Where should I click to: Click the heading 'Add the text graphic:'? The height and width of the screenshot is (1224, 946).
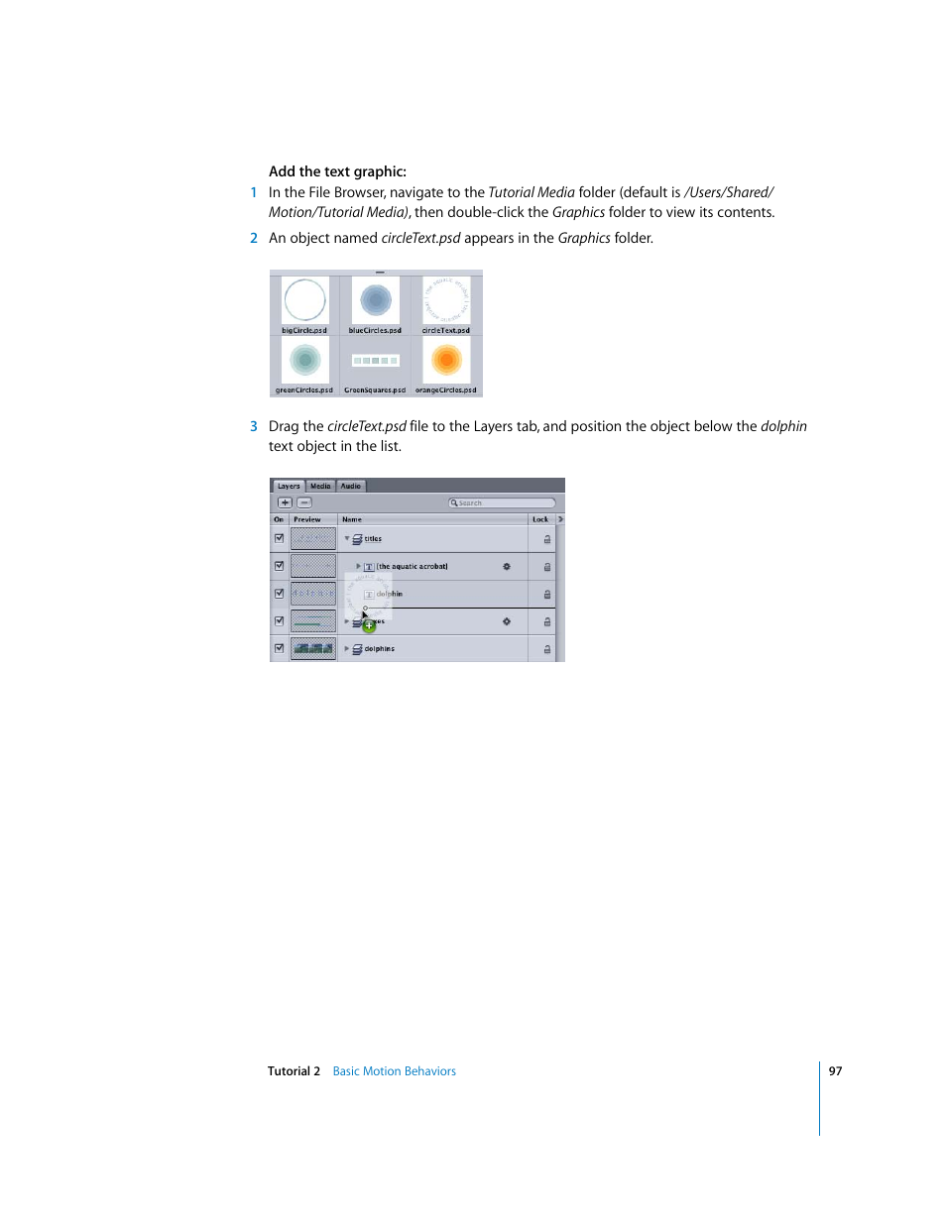(337, 171)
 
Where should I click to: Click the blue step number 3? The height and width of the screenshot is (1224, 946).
(254, 426)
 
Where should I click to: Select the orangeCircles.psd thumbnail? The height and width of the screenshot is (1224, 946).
(446, 360)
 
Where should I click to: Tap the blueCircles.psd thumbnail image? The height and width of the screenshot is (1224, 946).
(375, 300)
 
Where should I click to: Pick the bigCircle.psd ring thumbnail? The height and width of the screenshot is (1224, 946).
(304, 300)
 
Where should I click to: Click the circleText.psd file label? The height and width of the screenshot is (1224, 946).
(446, 331)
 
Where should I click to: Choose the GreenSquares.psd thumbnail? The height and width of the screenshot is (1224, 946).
(375, 361)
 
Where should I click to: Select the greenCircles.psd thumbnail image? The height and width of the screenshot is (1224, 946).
(304, 360)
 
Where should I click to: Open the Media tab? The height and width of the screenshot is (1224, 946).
(320, 487)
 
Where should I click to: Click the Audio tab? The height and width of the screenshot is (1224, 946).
(351, 487)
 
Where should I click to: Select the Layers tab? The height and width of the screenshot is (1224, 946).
(289, 487)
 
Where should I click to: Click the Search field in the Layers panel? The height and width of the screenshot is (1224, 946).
(502, 502)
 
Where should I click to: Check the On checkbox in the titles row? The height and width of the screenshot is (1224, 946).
(280, 539)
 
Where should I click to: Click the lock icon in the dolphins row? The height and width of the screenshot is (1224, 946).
(546, 649)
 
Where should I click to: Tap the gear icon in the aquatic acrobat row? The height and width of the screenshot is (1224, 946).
(506, 567)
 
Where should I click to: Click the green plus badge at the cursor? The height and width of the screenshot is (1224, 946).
(369, 625)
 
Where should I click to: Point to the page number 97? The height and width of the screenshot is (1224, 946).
(835, 1071)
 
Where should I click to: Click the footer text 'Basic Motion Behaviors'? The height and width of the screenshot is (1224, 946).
(394, 1071)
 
